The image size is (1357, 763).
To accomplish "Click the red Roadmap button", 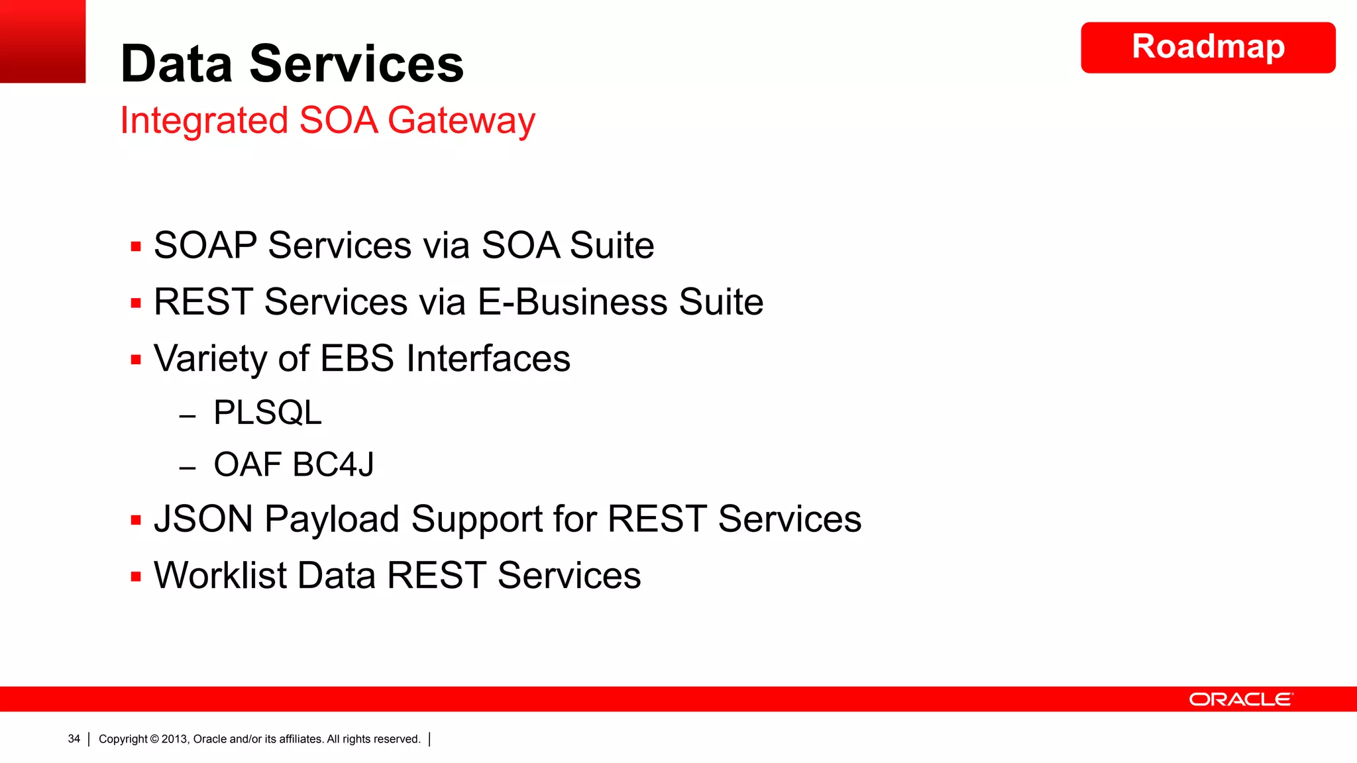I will [1207, 48].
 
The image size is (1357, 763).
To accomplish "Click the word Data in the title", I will [176, 64].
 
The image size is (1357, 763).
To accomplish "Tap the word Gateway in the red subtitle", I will [461, 121].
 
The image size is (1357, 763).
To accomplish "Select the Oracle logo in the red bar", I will [1240, 699].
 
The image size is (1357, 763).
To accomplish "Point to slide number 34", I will [74, 738].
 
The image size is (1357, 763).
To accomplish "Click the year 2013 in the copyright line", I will [175, 739].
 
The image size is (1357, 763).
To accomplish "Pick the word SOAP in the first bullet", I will [205, 246].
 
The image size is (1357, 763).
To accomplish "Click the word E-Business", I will [572, 302].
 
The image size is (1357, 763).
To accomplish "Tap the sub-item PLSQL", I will [267, 413].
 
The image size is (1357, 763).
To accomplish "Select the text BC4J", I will [333, 464].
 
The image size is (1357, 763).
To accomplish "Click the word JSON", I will [203, 519].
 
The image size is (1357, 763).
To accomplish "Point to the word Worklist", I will [220, 575].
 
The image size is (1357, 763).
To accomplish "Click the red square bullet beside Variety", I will [136, 360].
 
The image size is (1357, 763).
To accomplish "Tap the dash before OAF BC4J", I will [188, 468].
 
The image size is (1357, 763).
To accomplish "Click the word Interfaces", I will [488, 359].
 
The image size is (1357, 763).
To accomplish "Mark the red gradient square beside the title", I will [42, 41].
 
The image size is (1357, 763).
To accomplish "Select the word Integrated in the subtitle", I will [204, 121].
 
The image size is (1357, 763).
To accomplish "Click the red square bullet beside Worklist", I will [136, 577].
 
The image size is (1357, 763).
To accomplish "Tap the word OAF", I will [247, 464].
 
